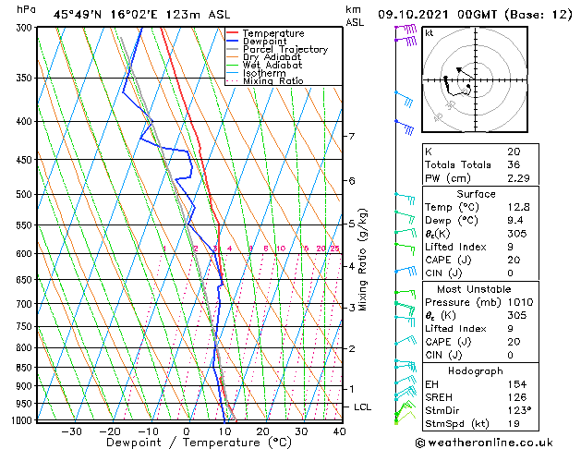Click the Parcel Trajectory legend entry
point(284,49)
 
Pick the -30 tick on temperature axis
point(71,431)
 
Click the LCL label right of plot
point(363,407)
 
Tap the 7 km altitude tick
point(351,137)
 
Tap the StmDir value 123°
point(518,410)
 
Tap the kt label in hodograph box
point(430,33)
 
